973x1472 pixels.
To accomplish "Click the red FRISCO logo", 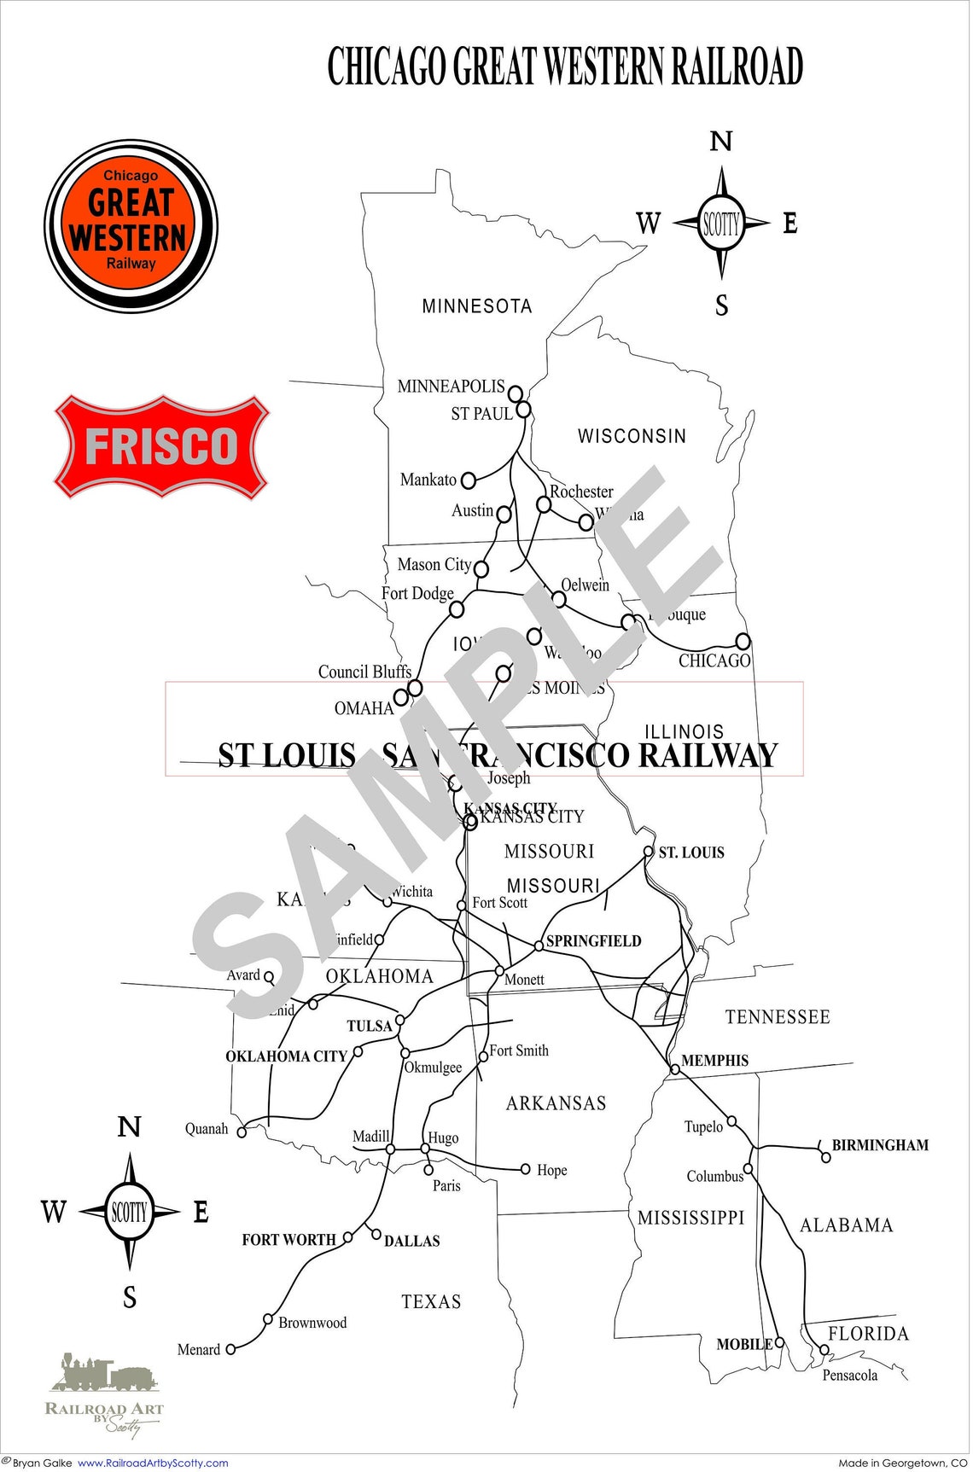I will (x=161, y=446).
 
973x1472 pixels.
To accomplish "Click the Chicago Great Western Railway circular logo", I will (x=131, y=226).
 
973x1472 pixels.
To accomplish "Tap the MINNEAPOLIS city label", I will (x=451, y=386).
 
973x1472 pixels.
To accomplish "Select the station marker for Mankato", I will (x=468, y=480).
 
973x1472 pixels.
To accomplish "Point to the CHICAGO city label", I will (x=714, y=660).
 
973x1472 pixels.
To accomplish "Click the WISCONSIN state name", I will (x=632, y=436).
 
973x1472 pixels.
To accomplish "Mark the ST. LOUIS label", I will (x=691, y=852).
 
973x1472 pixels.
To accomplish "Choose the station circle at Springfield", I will (x=539, y=945).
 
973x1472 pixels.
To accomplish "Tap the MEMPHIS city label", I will (x=714, y=1061).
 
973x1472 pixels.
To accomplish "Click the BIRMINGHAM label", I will (x=880, y=1145).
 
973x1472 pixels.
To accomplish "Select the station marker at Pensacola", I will (x=824, y=1350).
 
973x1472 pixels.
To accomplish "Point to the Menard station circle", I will (x=230, y=1349).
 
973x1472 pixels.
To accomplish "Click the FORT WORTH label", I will (x=288, y=1240).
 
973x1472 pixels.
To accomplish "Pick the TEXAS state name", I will (x=431, y=1301).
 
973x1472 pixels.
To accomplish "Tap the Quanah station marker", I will (x=242, y=1132).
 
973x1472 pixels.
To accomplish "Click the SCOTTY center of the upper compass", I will (x=721, y=224).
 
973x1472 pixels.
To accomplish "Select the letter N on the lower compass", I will (x=129, y=1126).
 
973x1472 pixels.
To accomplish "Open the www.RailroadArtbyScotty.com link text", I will (x=153, y=1463).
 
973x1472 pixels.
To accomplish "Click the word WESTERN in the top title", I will (x=603, y=67).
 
